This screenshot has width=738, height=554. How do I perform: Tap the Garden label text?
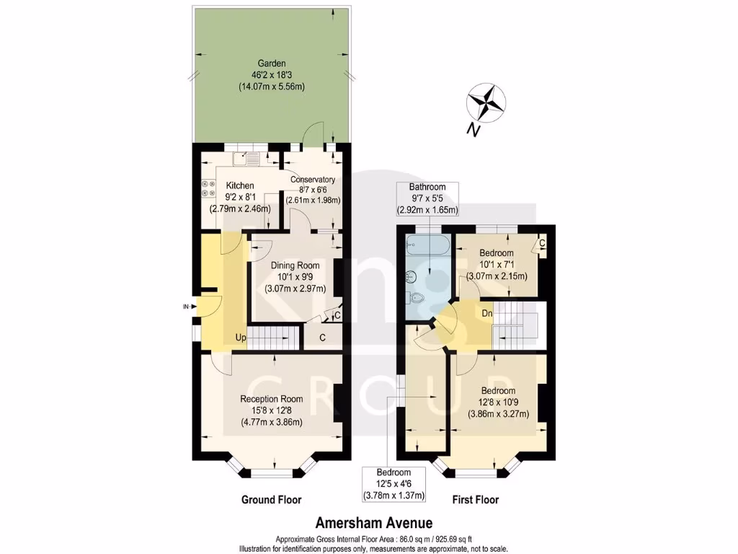coord(271,75)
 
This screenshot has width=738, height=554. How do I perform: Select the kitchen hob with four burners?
coord(209,188)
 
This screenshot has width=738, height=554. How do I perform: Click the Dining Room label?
coord(296,277)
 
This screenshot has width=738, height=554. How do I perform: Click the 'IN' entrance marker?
coord(186,307)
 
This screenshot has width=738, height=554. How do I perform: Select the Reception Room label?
coord(272,411)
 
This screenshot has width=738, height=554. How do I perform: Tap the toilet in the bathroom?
coord(417,299)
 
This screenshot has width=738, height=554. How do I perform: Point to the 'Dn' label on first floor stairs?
coord(487,313)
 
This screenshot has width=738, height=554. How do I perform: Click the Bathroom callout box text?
coord(428,198)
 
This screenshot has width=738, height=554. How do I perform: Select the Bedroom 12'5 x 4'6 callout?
coord(393,483)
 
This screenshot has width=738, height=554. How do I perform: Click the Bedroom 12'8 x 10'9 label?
coord(499,403)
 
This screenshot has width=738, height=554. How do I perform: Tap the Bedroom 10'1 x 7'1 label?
coord(496,265)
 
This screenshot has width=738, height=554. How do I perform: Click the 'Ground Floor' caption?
coord(271,500)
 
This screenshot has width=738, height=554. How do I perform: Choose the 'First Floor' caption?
coord(475,500)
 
